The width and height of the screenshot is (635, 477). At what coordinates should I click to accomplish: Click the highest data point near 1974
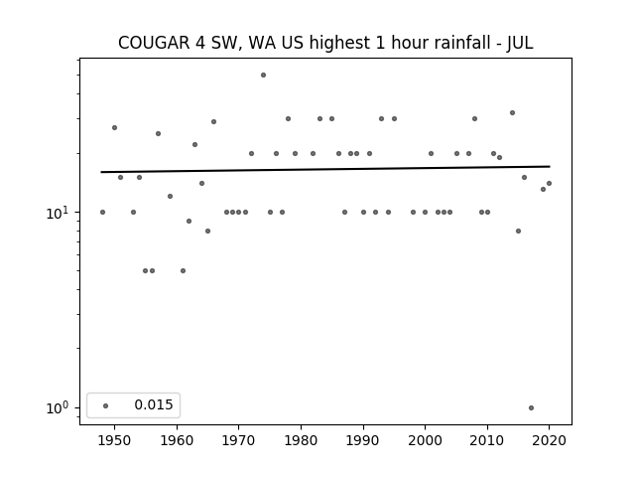coord(263,76)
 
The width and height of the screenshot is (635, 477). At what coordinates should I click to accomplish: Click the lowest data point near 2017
coord(532,408)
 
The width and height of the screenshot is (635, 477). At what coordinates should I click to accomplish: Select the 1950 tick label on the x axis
coord(115,440)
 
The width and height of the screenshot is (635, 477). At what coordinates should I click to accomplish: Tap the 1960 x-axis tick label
coord(177,440)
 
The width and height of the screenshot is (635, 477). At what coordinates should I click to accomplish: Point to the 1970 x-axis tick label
coord(239,440)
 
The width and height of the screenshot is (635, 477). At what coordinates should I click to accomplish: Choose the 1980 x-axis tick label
coord(301,440)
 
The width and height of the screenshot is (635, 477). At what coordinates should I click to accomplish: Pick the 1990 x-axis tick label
coord(363,440)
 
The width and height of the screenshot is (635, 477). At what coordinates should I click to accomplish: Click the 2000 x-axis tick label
coord(426,440)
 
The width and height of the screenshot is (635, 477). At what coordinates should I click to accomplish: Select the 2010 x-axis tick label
coord(487,440)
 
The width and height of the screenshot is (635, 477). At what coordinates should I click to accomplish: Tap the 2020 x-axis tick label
coord(549,440)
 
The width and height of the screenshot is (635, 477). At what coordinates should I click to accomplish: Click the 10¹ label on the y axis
coord(60,213)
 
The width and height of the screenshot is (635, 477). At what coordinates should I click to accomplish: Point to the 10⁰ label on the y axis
coord(60,408)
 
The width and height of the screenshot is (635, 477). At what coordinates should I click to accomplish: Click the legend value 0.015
coord(154,404)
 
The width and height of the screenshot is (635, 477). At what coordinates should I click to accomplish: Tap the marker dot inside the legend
coord(106,405)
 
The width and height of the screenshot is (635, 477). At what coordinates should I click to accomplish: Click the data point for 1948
coord(102,212)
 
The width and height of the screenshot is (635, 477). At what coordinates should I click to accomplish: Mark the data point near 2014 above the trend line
coord(512,112)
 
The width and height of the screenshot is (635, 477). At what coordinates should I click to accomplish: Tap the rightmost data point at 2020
coord(549,183)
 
